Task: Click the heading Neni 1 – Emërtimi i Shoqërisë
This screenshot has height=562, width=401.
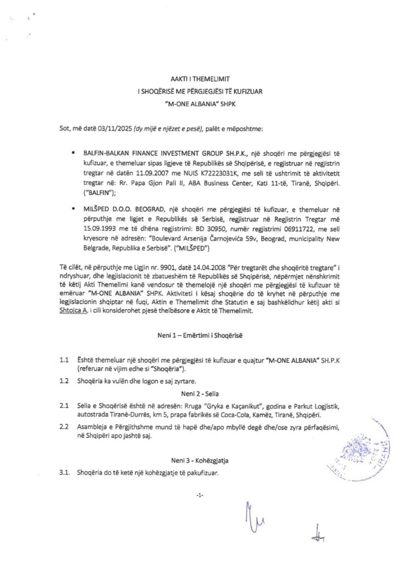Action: (x=200, y=334)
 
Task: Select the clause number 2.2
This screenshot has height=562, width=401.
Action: (x=64, y=426)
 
